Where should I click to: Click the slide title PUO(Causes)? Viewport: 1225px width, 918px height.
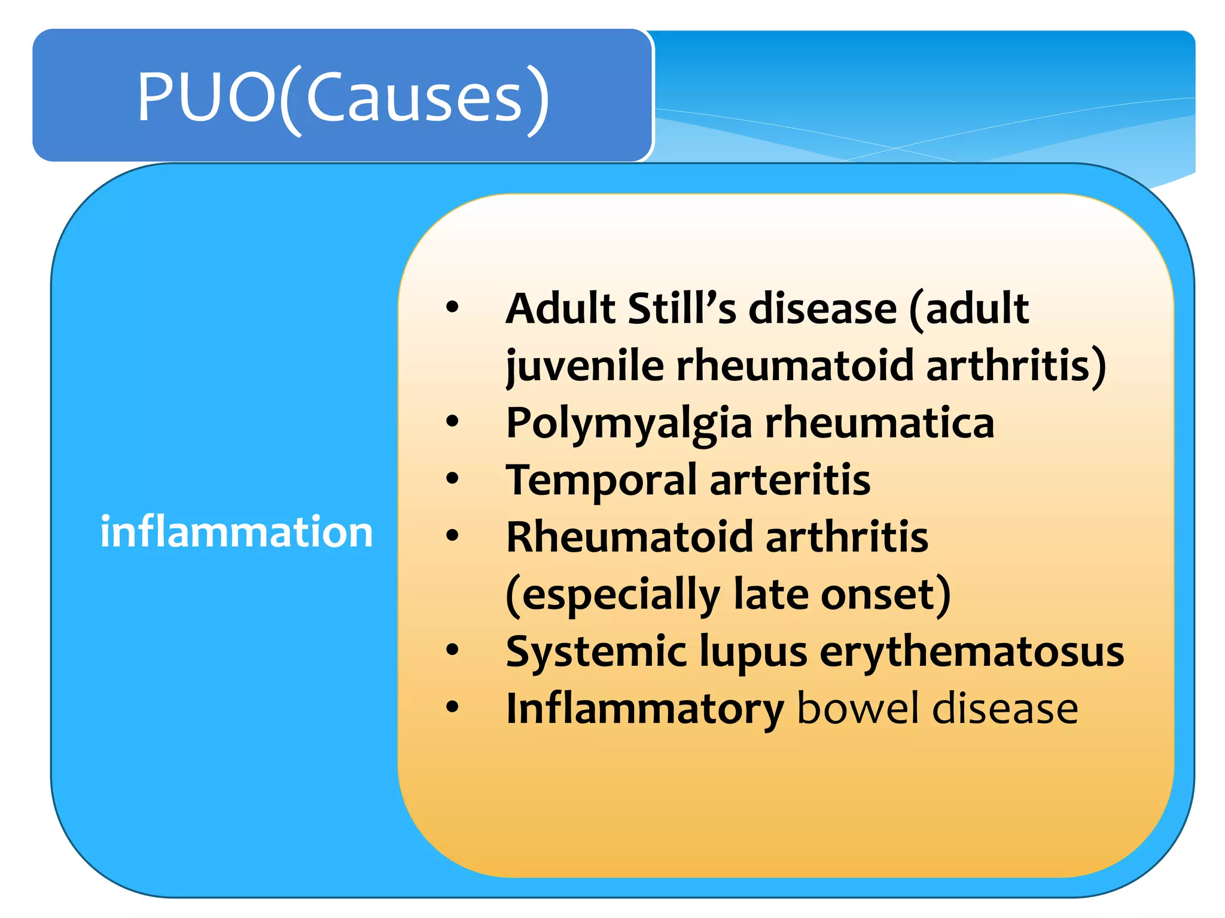tap(343, 97)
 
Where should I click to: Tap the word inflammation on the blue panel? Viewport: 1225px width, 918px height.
tap(236, 531)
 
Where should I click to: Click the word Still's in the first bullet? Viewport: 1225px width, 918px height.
tap(682, 308)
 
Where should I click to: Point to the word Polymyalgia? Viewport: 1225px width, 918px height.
tap(629, 423)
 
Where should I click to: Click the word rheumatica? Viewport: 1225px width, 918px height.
tap(879, 422)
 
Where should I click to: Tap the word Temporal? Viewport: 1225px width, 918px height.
tap(601, 480)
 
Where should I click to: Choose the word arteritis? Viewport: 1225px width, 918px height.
tap(790, 479)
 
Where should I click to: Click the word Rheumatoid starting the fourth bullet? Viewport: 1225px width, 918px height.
tap(629, 537)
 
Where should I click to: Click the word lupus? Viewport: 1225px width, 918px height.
tap(753, 651)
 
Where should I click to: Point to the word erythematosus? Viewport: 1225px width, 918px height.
tap(971, 651)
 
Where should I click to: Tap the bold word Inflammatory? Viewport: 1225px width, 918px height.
tap(645, 709)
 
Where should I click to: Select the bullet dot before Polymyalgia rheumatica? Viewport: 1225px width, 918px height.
tap(452, 421)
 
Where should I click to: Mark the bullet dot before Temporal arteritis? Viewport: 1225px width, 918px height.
tap(452, 479)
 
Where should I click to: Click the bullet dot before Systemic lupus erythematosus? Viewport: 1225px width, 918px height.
tap(452, 650)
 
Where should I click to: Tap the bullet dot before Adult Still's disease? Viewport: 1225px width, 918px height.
tap(452, 307)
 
